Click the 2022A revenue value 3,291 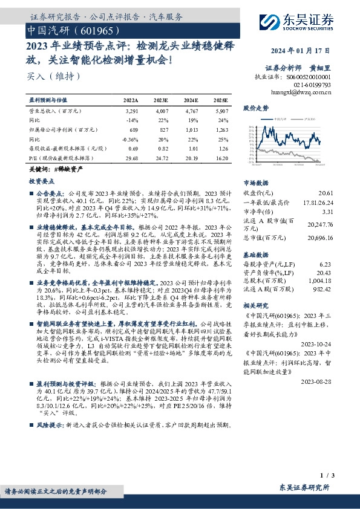tap(131, 112)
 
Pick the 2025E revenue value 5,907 tap(221, 112)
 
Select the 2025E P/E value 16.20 tap(221, 157)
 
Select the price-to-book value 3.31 tap(327, 212)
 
